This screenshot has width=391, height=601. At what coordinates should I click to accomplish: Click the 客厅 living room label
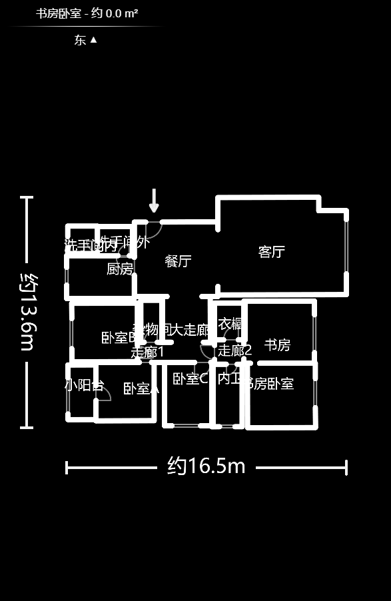tap(271, 252)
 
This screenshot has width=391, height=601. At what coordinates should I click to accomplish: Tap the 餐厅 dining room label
tap(178, 261)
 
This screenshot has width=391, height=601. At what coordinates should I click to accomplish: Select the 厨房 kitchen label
tap(120, 269)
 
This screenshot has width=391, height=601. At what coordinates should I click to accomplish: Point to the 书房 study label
tap(277, 345)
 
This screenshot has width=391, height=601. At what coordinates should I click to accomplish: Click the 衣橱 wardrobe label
tap(230, 324)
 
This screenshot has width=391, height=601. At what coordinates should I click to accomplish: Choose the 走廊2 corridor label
tap(235, 350)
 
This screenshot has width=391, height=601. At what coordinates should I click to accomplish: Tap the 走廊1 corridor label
tap(147, 352)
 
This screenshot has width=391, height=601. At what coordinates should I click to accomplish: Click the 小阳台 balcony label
tap(84, 385)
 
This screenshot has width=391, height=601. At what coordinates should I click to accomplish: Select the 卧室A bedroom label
tap(141, 389)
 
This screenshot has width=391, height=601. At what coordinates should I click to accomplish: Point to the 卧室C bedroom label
tap(191, 379)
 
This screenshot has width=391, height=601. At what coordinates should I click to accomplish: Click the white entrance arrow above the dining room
tap(154, 200)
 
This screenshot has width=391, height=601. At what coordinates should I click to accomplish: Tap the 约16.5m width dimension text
tap(206, 466)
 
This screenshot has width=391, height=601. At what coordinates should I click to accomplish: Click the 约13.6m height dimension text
tap(27, 312)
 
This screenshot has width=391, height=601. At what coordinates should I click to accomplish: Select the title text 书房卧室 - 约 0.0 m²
tap(87, 13)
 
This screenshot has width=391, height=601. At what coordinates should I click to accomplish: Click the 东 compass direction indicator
tap(86, 40)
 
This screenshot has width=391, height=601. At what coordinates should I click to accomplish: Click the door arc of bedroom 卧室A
tap(104, 393)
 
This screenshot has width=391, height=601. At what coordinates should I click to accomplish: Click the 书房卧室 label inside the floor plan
tap(269, 384)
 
